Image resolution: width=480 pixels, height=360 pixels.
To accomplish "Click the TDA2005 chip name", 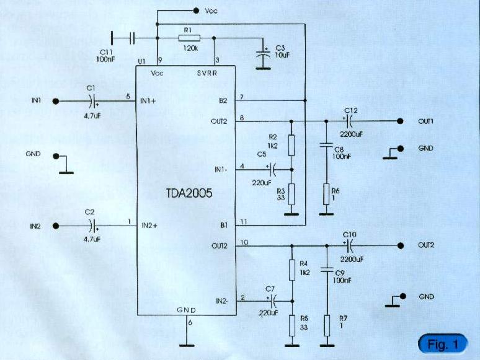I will click(184, 193).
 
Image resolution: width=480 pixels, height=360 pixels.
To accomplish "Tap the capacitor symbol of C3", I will click(264, 55).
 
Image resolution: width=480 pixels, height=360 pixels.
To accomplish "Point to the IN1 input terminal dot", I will click(55, 102).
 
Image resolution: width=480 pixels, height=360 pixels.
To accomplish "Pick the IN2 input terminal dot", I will click(55, 226).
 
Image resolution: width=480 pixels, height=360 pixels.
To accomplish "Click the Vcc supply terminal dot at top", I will click(197, 11).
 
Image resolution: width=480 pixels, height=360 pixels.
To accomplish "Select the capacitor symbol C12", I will click(348, 121).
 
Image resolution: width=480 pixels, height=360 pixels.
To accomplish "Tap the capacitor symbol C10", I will click(348, 245).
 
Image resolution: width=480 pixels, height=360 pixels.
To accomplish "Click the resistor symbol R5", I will click(290, 324).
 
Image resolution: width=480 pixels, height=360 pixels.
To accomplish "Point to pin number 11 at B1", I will click(244, 221).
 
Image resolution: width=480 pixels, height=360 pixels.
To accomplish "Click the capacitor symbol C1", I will click(93, 102).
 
